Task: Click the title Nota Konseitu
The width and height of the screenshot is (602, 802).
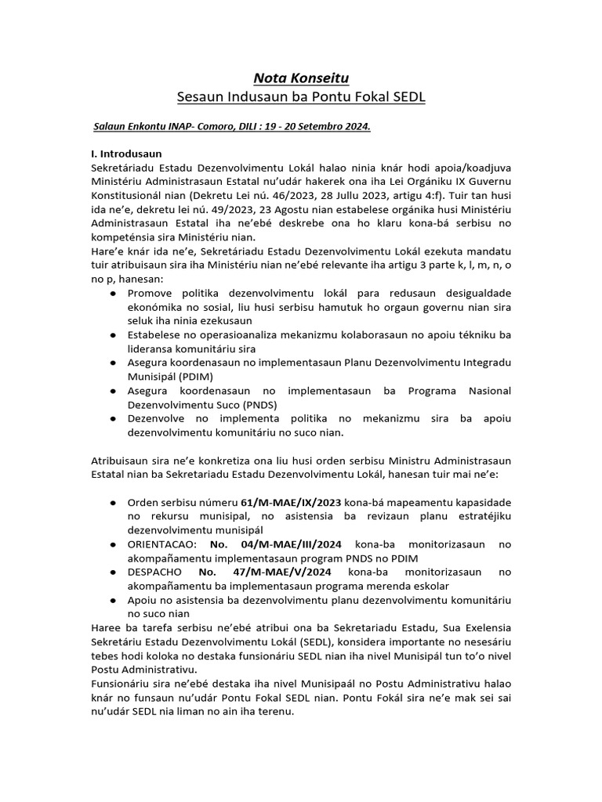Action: [301, 77]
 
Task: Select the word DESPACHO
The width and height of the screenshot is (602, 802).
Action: [156, 572]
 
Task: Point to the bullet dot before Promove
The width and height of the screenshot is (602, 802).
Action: [115, 292]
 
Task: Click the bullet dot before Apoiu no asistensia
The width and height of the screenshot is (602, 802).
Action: [115, 599]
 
